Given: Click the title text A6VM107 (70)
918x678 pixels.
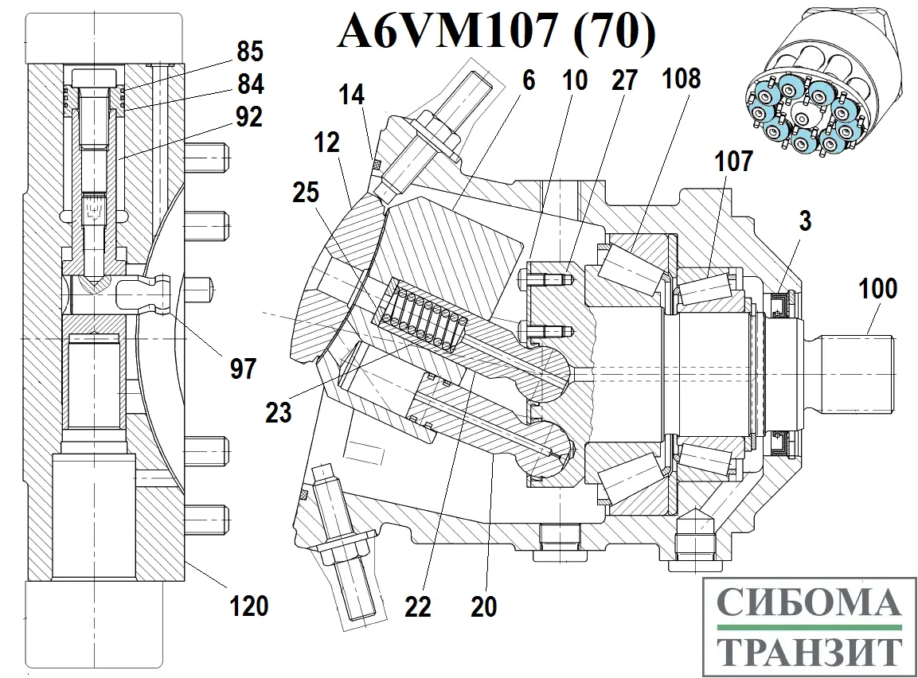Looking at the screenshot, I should (x=497, y=33).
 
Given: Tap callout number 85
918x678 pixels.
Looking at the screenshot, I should (x=248, y=53).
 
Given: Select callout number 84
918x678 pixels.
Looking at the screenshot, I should (x=248, y=84).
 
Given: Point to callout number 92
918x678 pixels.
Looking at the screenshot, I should (x=248, y=117).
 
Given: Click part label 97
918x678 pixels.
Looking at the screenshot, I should (x=244, y=368).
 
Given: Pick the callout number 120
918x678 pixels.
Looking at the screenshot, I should (x=250, y=606).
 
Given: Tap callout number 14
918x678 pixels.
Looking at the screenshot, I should (x=351, y=95).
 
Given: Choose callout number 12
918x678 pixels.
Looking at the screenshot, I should (x=327, y=142).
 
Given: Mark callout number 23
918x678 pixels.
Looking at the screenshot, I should (x=279, y=413).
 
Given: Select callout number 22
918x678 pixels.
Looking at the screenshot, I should (x=417, y=606).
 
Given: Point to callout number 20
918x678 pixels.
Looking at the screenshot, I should (x=483, y=606).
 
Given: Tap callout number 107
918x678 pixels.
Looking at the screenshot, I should (x=733, y=161).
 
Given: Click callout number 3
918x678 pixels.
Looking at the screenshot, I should (x=805, y=221).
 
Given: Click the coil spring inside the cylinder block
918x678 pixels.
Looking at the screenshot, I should (x=422, y=318).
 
